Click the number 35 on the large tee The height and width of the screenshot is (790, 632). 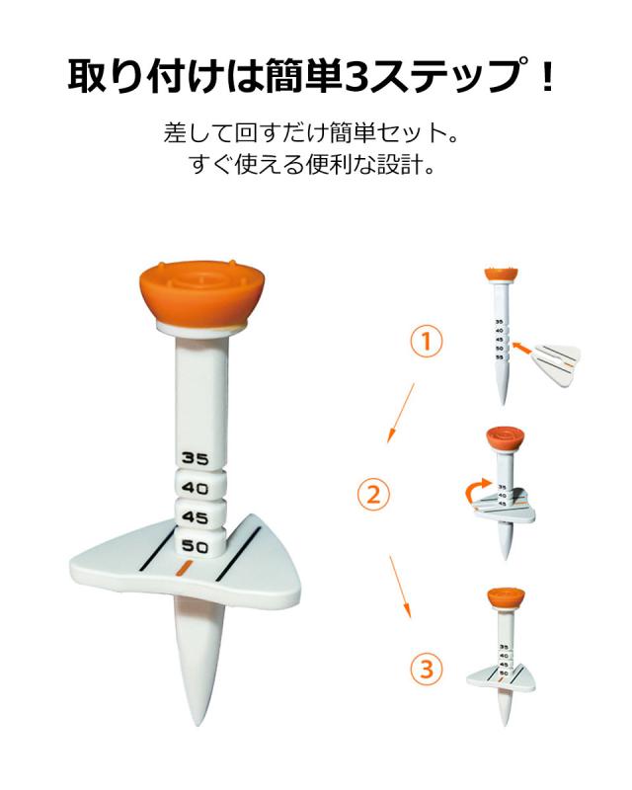click(x=196, y=458)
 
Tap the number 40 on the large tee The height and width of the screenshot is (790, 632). click(x=196, y=488)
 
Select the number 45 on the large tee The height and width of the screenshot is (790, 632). click(x=196, y=516)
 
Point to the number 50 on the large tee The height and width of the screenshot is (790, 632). click(x=196, y=546)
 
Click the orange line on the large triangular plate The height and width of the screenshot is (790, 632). click(x=183, y=570)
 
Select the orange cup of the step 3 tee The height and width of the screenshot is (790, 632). click(x=506, y=598)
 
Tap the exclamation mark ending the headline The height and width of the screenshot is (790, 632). click(x=549, y=76)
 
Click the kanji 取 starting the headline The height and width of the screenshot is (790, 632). click(x=88, y=76)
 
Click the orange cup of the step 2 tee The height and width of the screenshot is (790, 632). click(x=506, y=438)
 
